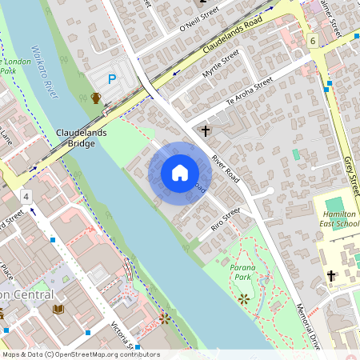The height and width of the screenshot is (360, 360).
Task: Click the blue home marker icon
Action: click(x=179, y=172)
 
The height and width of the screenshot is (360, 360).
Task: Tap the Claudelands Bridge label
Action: click(x=76, y=138)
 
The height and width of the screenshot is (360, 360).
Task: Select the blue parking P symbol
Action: click(x=112, y=79)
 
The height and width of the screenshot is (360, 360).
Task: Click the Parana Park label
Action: click(x=242, y=271)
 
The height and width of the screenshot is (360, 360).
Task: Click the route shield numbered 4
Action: click(x=26, y=196)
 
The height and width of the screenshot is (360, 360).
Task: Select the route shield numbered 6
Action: click(x=311, y=40)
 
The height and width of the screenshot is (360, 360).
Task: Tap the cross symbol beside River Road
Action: click(x=206, y=130)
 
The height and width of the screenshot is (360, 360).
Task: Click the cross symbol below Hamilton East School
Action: click(x=330, y=276)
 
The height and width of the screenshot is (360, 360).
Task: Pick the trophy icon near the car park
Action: click(x=96, y=98)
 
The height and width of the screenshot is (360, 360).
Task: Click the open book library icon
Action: click(x=58, y=309)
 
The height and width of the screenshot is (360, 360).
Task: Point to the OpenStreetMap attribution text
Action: click(x=81, y=354)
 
